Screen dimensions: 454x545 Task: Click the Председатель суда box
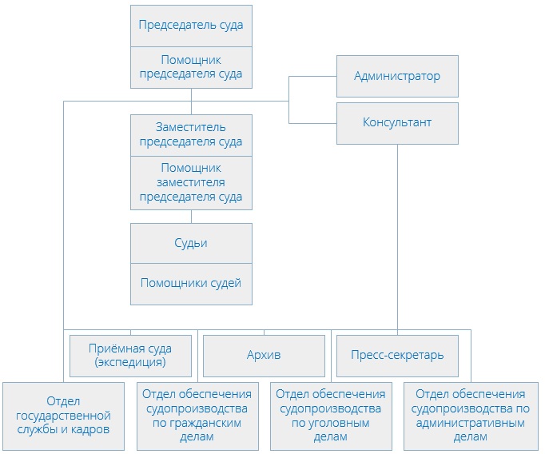pos(191,26)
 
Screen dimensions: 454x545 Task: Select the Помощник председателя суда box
pos(191,67)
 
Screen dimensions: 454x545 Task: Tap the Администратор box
pos(397,77)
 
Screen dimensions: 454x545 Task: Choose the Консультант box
pos(397,123)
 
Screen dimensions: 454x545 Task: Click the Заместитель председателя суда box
pos(191,134)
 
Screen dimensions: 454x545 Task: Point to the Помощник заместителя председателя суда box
pos(191,182)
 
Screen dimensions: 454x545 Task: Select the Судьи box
pos(191,243)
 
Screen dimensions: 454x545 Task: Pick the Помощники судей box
pos(191,283)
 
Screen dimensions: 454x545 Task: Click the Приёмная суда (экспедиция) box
pos(131,356)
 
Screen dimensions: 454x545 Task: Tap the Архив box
pos(264,356)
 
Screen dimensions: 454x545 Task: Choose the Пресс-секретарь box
pos(397,356)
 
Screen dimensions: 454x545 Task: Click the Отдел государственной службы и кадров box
pos(62,416)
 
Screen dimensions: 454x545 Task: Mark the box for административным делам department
pos(470,416)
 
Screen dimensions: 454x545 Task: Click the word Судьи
pos(191,243)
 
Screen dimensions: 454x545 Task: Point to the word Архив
pos(264,355)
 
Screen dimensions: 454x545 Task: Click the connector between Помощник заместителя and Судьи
pos(191,217)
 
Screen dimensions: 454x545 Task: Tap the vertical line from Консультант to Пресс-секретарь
pos(397,240)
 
